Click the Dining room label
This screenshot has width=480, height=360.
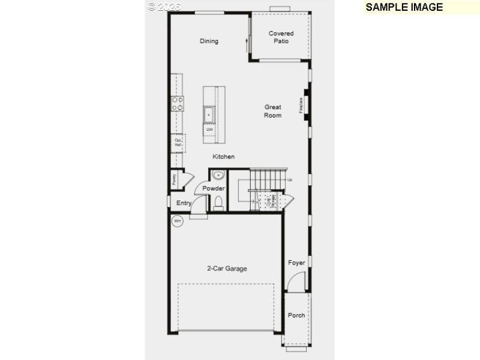pyautogui.click(x=209, y=41)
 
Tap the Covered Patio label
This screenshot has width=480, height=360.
pyautogui.click(x=281, y=37)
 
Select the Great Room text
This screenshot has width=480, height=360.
pyautogui.click(x=272, y=111)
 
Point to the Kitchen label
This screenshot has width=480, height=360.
pyautogui.click(x=223, y=157)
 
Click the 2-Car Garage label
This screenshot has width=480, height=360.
pyautogui.click(x=227, y=269)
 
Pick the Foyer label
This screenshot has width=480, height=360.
pyautogui.click(x=296, y=263)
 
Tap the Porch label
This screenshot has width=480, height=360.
pyautogui.click(x=296, y=315)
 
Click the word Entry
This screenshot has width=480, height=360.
pyautogui.click(x=184, y=203)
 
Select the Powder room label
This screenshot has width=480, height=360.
pyautogui.click(x=214, y=188)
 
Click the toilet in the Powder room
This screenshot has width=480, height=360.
pyautogui.click(x=218, y=202)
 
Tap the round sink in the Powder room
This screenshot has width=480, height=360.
pyautogui.click(x=217, y=175)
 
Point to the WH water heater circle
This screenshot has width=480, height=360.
pyautogui.click(x=177, y=221)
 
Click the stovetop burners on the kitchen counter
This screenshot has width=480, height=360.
pyautogui.click(x=178, y=104)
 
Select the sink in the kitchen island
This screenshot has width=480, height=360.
pyautogui.click(x=209, y=113)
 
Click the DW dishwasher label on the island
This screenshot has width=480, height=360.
pyautogui.click(x=210, y=130)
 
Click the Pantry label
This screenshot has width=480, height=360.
pyautogui.click(x=174, y=178)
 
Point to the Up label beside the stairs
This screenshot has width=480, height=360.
pyautogui.click(x=290, y=180)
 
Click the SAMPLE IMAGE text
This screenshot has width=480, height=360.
pyautogui.click(x=404, y=7)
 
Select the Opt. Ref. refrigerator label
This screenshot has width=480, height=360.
pyautogui.click(x=178, y=143)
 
